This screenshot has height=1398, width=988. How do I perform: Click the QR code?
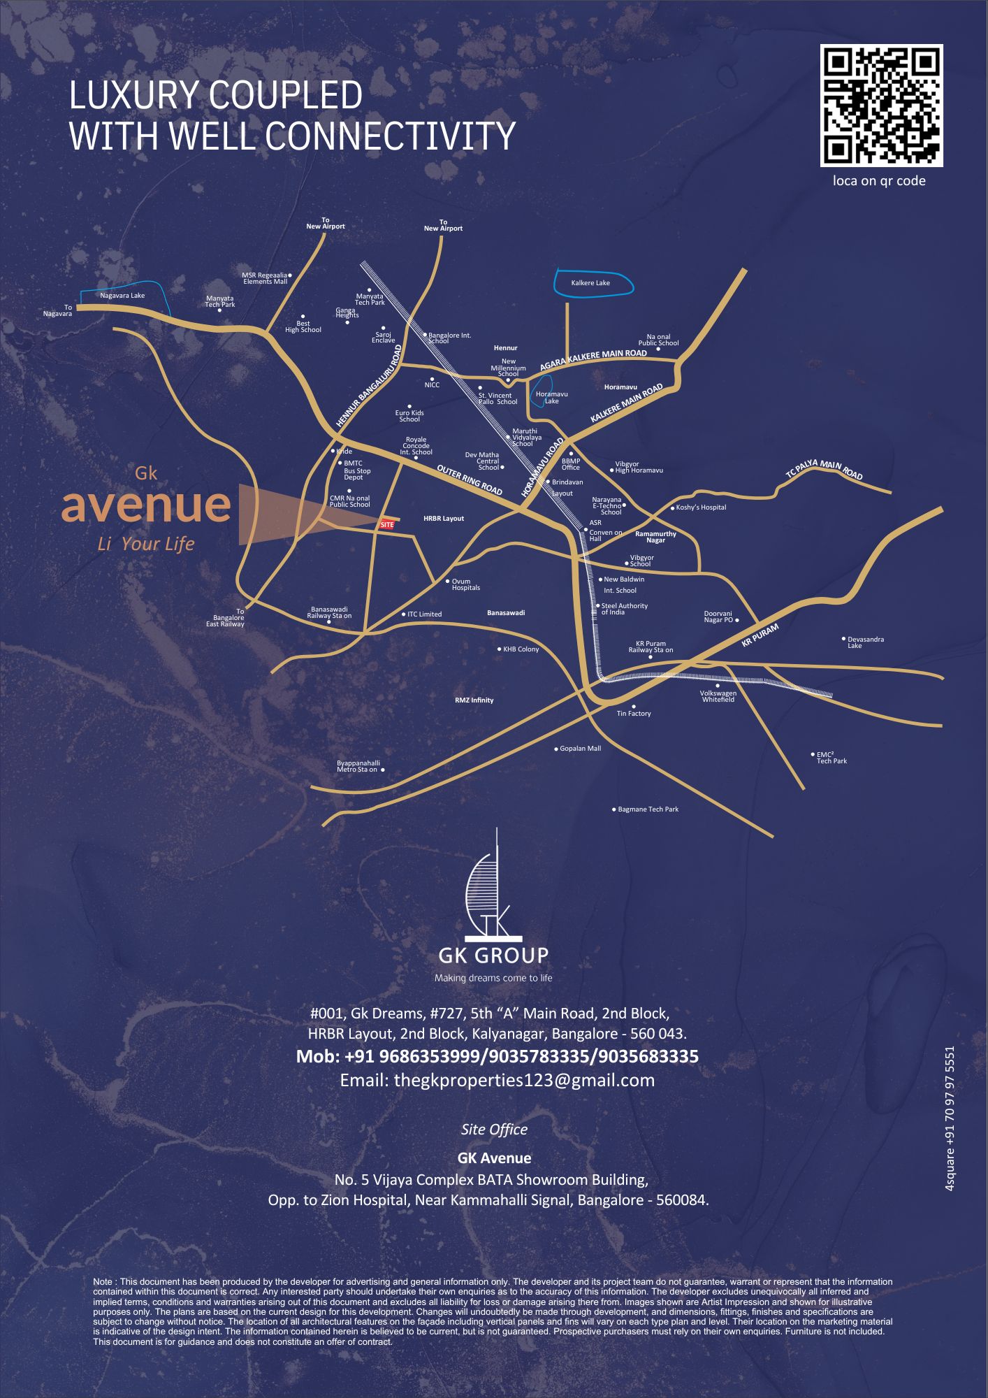point(881,106)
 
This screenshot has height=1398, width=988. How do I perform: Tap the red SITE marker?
point(387,525)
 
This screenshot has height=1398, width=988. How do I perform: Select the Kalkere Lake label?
point(590,283)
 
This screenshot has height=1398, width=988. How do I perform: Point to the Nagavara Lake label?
point(122,296)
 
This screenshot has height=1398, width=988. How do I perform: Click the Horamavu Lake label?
point(551,398)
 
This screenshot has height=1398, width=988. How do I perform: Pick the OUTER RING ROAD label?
point(470,480)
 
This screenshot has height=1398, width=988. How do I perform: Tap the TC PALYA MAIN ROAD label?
point(824,470)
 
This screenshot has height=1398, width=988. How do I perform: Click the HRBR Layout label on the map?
point(444,519)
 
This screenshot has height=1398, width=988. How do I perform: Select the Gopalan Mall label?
point(580,749)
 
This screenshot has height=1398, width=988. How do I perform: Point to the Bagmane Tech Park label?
point(648,809)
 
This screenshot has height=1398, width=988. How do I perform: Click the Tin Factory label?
point(634,714)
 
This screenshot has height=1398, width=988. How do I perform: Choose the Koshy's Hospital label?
point(701,507)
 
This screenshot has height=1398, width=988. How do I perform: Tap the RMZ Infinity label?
point(474,700)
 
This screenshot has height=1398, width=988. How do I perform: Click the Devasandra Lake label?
point(865,642)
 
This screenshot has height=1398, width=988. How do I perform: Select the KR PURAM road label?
point(760,635)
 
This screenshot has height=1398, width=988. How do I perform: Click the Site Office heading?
point(494,1130)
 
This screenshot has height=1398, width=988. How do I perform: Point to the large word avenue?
point(146,505)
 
